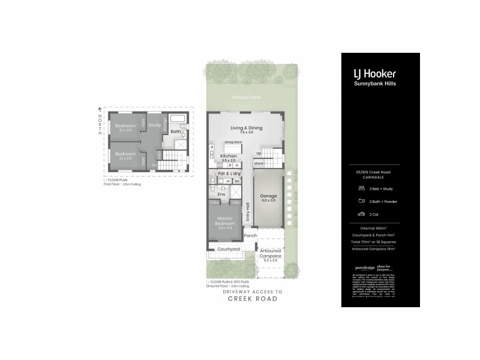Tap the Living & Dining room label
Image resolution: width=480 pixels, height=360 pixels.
[x=246, y=128]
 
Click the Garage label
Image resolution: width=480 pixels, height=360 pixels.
[x=268, y=196]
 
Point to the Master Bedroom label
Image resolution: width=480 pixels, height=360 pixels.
[x=225, y=220]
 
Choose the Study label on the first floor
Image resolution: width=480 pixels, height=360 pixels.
[x=155, y=125]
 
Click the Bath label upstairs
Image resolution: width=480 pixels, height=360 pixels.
[x=175, y=131]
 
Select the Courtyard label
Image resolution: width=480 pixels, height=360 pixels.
[x=229, y=248]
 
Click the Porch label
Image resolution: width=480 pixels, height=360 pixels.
[x=250, y=235]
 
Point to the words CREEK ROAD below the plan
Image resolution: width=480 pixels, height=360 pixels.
[x=252, y=299]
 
